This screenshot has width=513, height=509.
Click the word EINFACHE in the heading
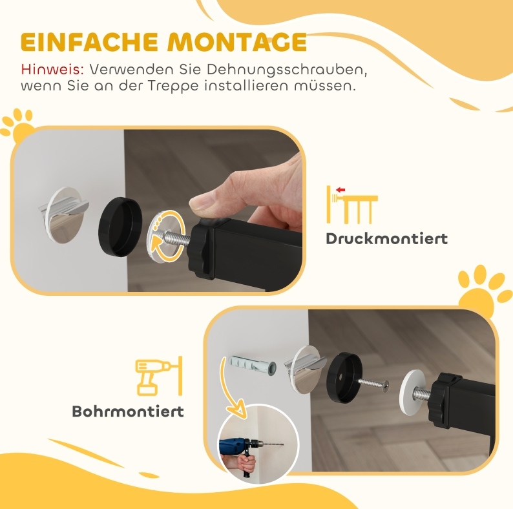[x=89, y=42]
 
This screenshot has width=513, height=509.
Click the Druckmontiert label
[x=387, y=238]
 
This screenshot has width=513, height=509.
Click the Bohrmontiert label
[x=128, y=411]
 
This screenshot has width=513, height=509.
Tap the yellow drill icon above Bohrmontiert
[x=159, y=376]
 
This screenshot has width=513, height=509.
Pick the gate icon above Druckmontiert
[x=352, y=205]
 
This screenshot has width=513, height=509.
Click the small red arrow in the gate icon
[x=340, y=190]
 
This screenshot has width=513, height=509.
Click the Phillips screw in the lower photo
[x=373, y=383]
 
